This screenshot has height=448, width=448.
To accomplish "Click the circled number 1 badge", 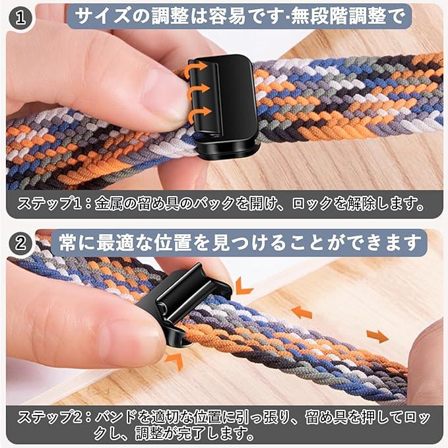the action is [x=20, y=18].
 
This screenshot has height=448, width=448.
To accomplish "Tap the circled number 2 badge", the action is [x=20, y=243].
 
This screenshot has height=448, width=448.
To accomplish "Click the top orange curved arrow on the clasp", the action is [x=195, y=69].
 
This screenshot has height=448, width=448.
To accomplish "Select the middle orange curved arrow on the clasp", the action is [x=198, y=91].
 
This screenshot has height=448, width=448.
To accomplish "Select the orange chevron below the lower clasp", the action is [x=175, y=360].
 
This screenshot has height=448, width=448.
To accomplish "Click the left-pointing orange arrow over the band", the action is [x=302, y=312].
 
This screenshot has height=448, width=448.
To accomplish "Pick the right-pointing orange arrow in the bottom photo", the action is [x=377, y=336].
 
